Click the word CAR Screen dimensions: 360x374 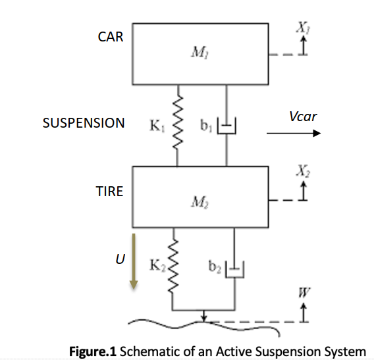[x=110, y=37]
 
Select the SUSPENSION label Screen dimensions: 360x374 [x=84, y=123]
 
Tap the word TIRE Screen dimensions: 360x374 [x=109, y=192]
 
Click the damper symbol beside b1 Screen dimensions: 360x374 [x=226, y=124]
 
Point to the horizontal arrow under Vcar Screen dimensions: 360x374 [x=293, y=134]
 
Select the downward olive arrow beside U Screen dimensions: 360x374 [x=132, y=260]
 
